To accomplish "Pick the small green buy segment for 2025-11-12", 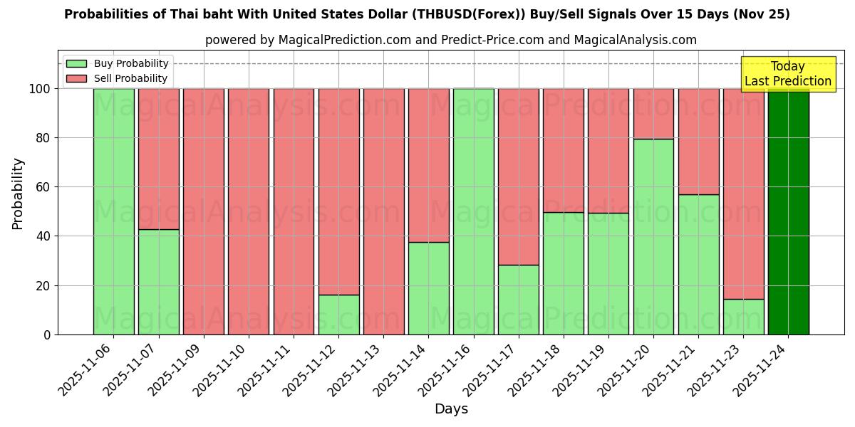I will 338,315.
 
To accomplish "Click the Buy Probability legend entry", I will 118,63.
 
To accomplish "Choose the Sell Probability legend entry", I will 118,78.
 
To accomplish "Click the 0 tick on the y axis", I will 47,334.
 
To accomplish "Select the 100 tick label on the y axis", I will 39,89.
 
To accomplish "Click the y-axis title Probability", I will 18,194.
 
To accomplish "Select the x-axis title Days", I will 451,409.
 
